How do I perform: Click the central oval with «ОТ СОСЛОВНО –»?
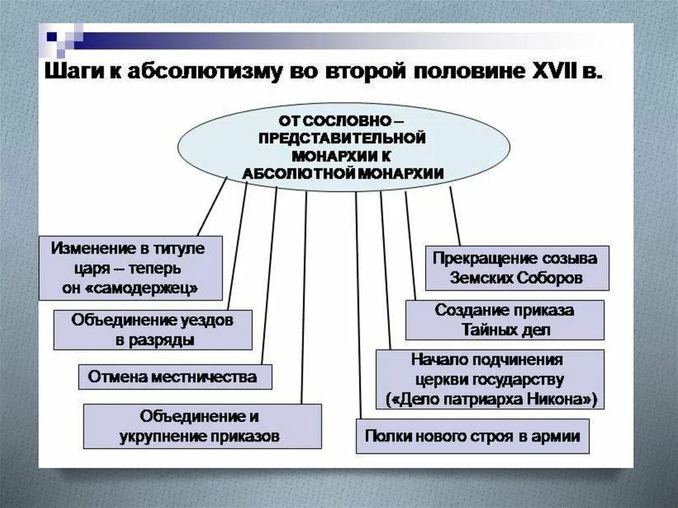tap(343, 147)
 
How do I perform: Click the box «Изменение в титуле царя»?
tap(130, 268)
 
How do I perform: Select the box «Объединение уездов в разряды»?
tap(152, 329)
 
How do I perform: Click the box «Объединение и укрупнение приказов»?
tap(202, 427)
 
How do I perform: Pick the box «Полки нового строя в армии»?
tap(472, 436)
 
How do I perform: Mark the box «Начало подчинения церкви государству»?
tap(490, 380)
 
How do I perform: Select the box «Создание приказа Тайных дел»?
tap(504, 319)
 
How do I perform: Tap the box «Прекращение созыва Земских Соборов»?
tap(516, 268)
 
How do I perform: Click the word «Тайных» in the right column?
tap(487, 329)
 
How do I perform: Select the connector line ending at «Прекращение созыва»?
tap(455, 219)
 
